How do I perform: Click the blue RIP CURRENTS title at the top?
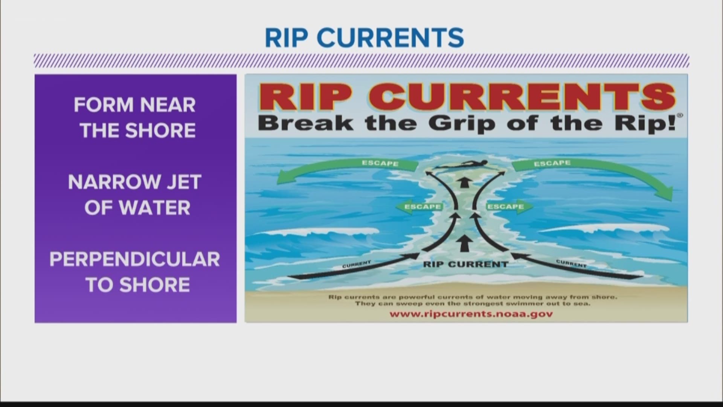(x=364, y=38)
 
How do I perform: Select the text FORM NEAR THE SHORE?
(x=135, y=117)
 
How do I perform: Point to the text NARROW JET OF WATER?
(x=135, y=194)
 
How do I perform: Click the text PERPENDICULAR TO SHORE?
(x=135, y=272)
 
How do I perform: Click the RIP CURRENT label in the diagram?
(x=465, y=264)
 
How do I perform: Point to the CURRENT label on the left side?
(x=357, y=265)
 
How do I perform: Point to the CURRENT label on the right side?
(x=571, y=264)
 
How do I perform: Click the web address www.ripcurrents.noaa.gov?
(x=471, y=314)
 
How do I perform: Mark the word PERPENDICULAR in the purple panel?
(x=135, y=259)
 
